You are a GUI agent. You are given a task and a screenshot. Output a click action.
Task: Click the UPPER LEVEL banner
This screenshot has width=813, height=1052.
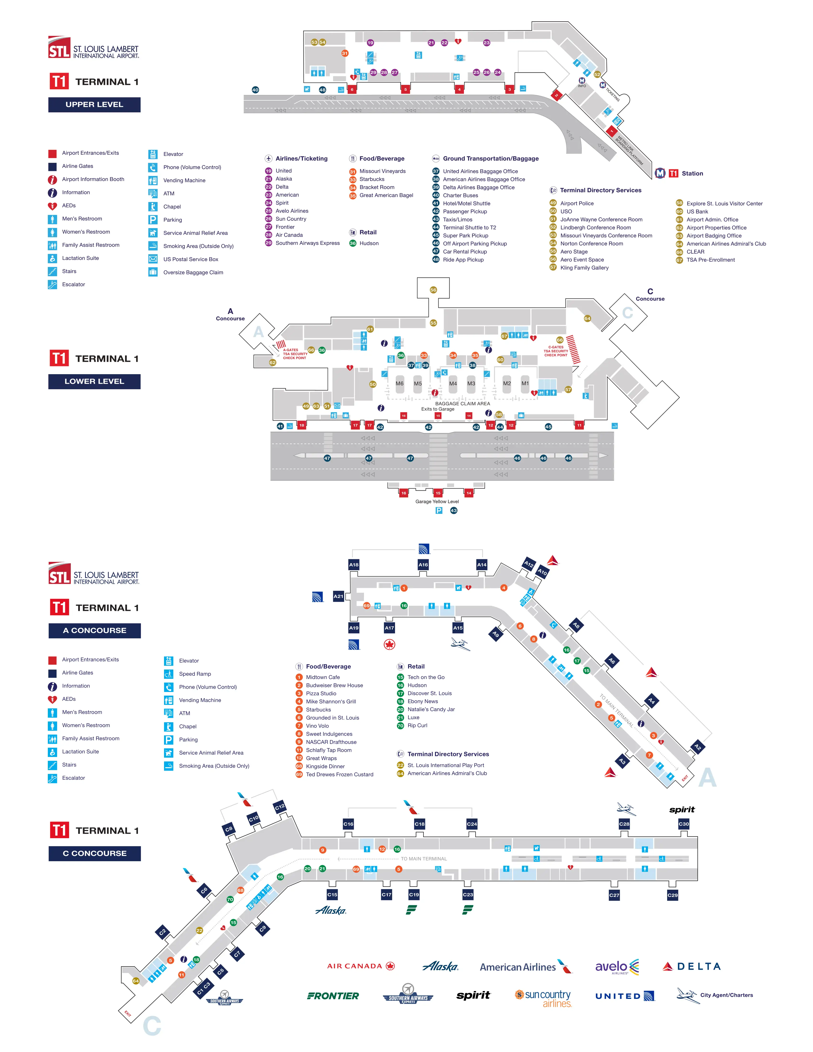(94, 104)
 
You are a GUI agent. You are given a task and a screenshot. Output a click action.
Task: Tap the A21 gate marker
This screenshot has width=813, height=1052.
(339, 596)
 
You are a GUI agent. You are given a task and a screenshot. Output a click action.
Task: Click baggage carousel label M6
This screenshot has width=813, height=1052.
(399, 384)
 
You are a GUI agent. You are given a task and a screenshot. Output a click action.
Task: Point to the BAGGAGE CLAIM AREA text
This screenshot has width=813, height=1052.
(462, 404)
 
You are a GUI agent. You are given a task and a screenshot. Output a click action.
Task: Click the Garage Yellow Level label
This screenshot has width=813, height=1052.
(437, 501)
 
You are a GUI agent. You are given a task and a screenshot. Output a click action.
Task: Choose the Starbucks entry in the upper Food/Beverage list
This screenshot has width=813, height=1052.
(372, 179)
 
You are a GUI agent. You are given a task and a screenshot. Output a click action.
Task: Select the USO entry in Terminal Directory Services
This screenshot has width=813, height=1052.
(566, 211)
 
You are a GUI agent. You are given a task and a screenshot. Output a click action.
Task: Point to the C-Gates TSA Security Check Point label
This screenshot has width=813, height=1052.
(556, 351)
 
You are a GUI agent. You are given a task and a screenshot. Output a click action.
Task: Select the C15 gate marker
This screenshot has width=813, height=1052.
(332, 894)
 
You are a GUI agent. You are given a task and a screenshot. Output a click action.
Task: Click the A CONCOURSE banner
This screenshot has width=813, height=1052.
(94, 630)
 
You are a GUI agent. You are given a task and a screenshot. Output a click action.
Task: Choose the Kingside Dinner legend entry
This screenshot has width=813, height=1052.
(325, 766)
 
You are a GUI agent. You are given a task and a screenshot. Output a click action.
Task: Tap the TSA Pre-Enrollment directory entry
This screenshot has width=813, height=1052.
(710, 260)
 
